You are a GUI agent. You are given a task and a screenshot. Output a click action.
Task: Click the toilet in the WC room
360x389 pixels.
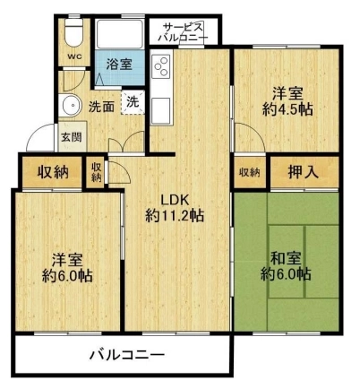(73, 32)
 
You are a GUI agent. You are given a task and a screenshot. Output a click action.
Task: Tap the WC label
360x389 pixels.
(74, 56)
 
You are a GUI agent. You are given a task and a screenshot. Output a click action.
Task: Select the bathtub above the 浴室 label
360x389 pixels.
(120, 34)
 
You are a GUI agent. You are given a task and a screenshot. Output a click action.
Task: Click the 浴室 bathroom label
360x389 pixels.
(119, 64)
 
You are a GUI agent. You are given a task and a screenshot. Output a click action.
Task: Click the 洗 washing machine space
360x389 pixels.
(133, 101)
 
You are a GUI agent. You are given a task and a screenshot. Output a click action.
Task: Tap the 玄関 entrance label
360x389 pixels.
(72, 137)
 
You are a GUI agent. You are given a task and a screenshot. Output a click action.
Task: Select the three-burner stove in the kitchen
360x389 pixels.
(161, 67)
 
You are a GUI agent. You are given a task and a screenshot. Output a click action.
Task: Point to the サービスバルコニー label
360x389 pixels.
(183, 32)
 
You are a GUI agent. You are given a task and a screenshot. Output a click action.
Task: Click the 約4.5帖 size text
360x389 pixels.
(287, 109)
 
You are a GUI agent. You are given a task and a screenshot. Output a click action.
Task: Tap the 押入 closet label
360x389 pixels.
(304, 171)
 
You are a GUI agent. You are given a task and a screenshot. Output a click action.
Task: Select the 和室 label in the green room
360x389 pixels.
(286, 259)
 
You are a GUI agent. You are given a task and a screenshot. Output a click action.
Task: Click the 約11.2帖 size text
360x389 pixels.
(175, 214)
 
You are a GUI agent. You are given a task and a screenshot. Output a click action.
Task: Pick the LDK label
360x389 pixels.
(174, 200)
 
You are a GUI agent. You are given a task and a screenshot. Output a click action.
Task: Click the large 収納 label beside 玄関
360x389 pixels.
(53, 172)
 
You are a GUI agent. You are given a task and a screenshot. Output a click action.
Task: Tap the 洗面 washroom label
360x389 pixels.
(101, 107)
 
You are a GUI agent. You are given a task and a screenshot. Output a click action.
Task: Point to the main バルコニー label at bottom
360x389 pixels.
(127, 355)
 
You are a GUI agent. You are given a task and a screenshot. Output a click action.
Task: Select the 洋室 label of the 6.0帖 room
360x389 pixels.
(67, 260)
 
